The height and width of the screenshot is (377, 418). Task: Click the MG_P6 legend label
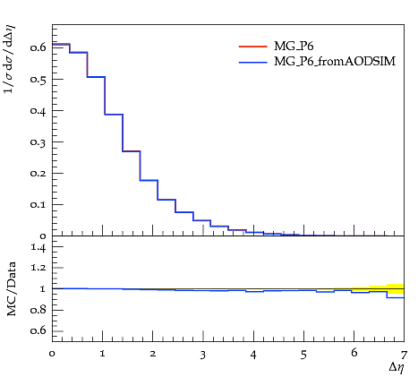point(294,47)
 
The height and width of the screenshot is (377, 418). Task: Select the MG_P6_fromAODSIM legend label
point(335,62)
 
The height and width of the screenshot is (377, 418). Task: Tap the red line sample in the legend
point(252,47)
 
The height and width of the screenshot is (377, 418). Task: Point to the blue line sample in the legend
point(252,62)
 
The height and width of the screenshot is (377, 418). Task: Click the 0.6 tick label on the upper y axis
point(38,47)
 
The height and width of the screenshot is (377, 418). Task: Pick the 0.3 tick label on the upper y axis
point(38,142)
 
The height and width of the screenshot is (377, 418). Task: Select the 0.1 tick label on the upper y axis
point(38,205)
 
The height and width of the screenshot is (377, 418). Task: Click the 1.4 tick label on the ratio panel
point(38,247)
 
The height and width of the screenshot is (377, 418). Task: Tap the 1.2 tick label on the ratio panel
point(38,268)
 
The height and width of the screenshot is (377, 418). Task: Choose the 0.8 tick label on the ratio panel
point(38,310)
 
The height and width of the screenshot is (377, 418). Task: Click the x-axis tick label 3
point(203,355)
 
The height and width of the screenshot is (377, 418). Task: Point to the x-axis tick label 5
point(303,355)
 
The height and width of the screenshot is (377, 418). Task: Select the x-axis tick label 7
point(404,355)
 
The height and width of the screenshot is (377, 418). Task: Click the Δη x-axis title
point(397,367)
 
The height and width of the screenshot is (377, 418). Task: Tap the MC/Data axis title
point(12,289)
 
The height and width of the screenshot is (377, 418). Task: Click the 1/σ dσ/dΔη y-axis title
point(9,59)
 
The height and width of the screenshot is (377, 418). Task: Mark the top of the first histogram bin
point(61,44)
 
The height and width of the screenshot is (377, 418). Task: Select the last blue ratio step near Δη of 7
point(396,297)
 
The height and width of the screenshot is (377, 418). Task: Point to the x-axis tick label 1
point(103,354)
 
